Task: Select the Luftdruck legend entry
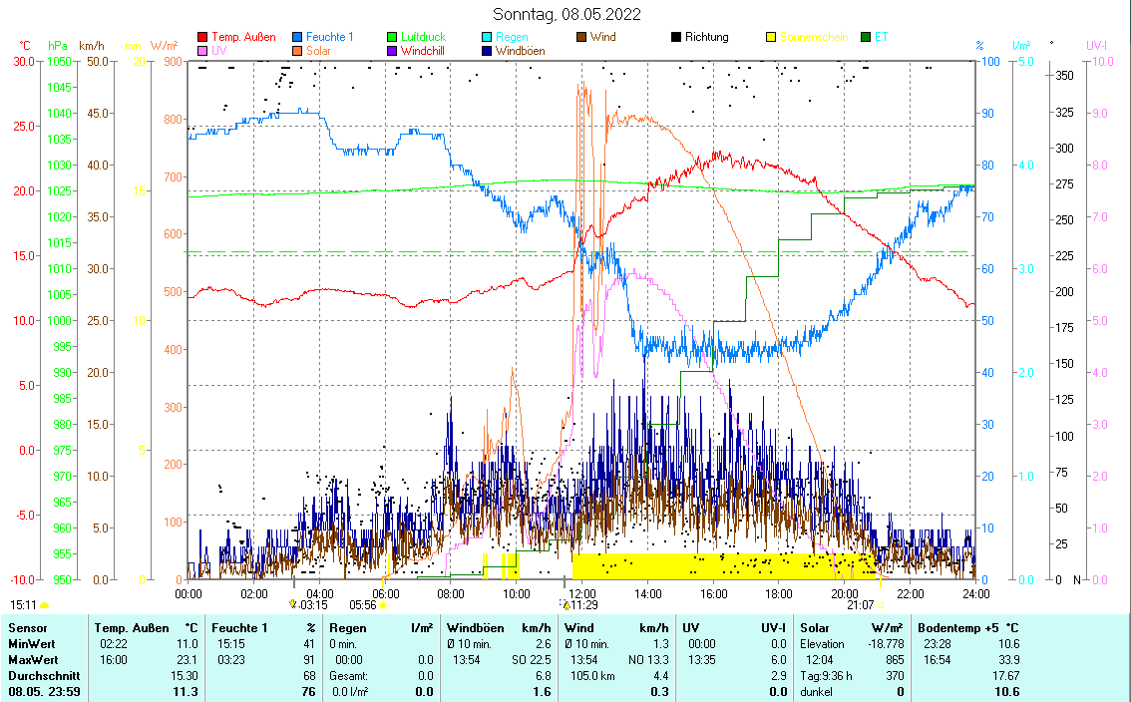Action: click(423, 37)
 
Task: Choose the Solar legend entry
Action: click(318, 50)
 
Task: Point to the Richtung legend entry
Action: click(706, 37)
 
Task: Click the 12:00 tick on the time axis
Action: click(582, 593)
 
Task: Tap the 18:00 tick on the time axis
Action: click(779, 593)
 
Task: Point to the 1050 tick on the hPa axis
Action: click(59, 62)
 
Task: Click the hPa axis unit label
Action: click(58, 46)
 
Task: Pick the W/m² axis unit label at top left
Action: click(164, 46)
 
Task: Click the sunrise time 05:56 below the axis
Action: click(361, 604)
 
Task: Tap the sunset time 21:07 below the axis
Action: click(860, 604)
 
